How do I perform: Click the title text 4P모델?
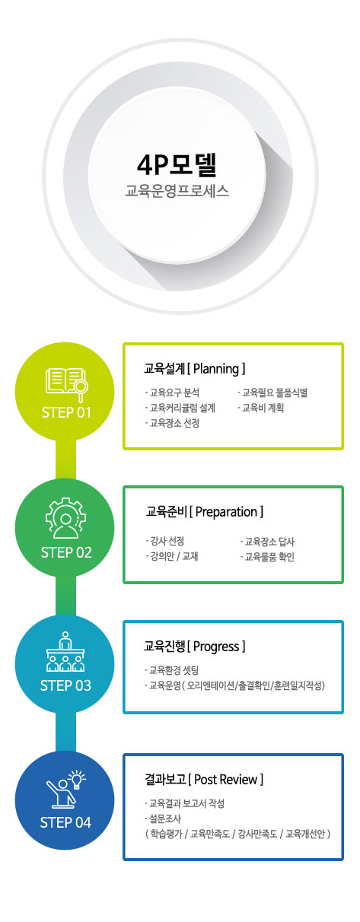click(x=177, y=164)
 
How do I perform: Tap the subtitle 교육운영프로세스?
click(x=177, y=191)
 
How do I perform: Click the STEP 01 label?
click(x=66, y=412)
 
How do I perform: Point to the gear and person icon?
click(x=66, y=518)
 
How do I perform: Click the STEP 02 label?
click(x=66, y=552)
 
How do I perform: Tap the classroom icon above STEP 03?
click(x=65, y=652)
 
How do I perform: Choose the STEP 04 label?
click(x=65, y=822)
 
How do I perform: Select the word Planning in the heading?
click(x=216, y=368)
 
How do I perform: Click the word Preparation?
click(x=226, y=512)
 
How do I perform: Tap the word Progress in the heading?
click(x=216, y=646)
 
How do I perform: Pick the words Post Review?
click(x=226, y=779)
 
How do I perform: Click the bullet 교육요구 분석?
click(x=172, y=393)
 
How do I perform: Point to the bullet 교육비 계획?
click(x=261, y=408)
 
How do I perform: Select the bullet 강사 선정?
click(x=164, y=541)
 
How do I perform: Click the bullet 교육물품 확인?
click(x=267, y=557)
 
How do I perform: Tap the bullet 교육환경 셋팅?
click(x=171, y=670)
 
